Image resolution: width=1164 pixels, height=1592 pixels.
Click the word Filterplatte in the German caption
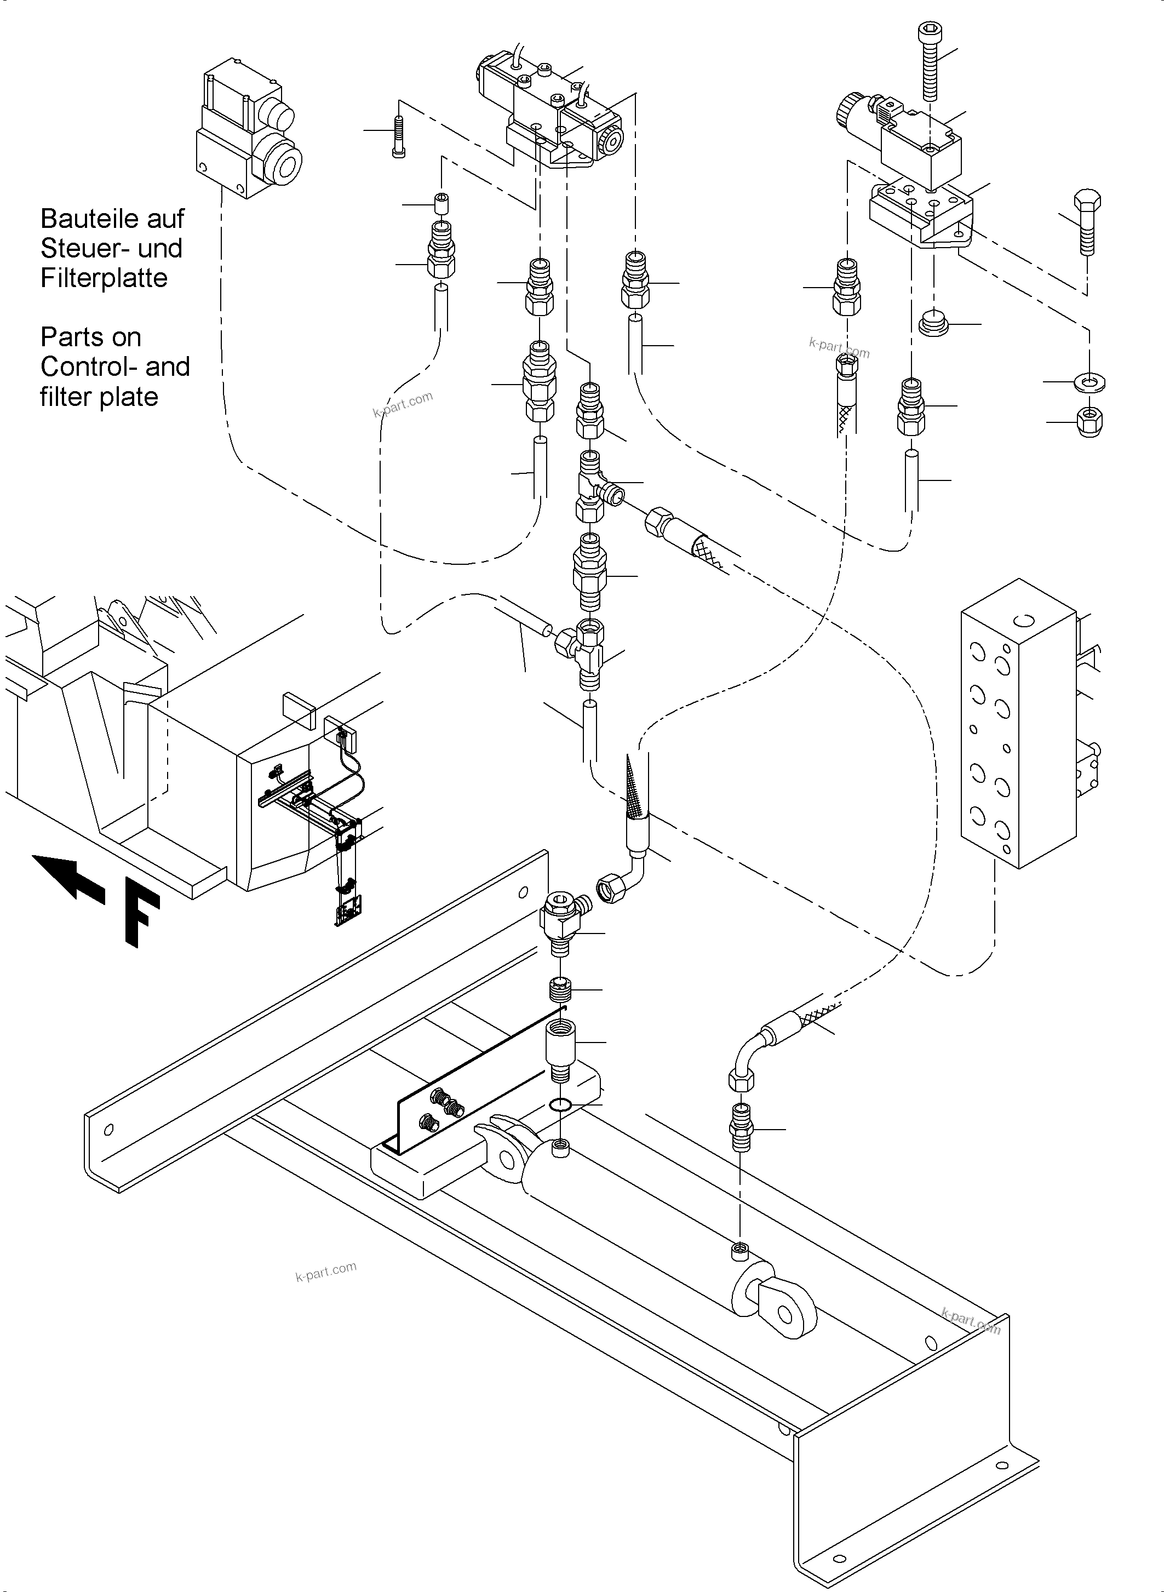pyautogui.click(x=104, y=278)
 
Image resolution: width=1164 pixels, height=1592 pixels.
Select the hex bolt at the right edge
pyautogui.click(x=1087, y=222)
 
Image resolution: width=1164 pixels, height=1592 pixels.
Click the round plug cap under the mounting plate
pyautogui.click(x=935, y=324)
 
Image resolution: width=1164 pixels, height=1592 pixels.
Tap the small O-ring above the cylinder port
pyautogui.click(x=560, y=1104)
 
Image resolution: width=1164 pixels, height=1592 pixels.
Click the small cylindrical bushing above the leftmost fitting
pyautogui.click(x=441, y=204)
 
